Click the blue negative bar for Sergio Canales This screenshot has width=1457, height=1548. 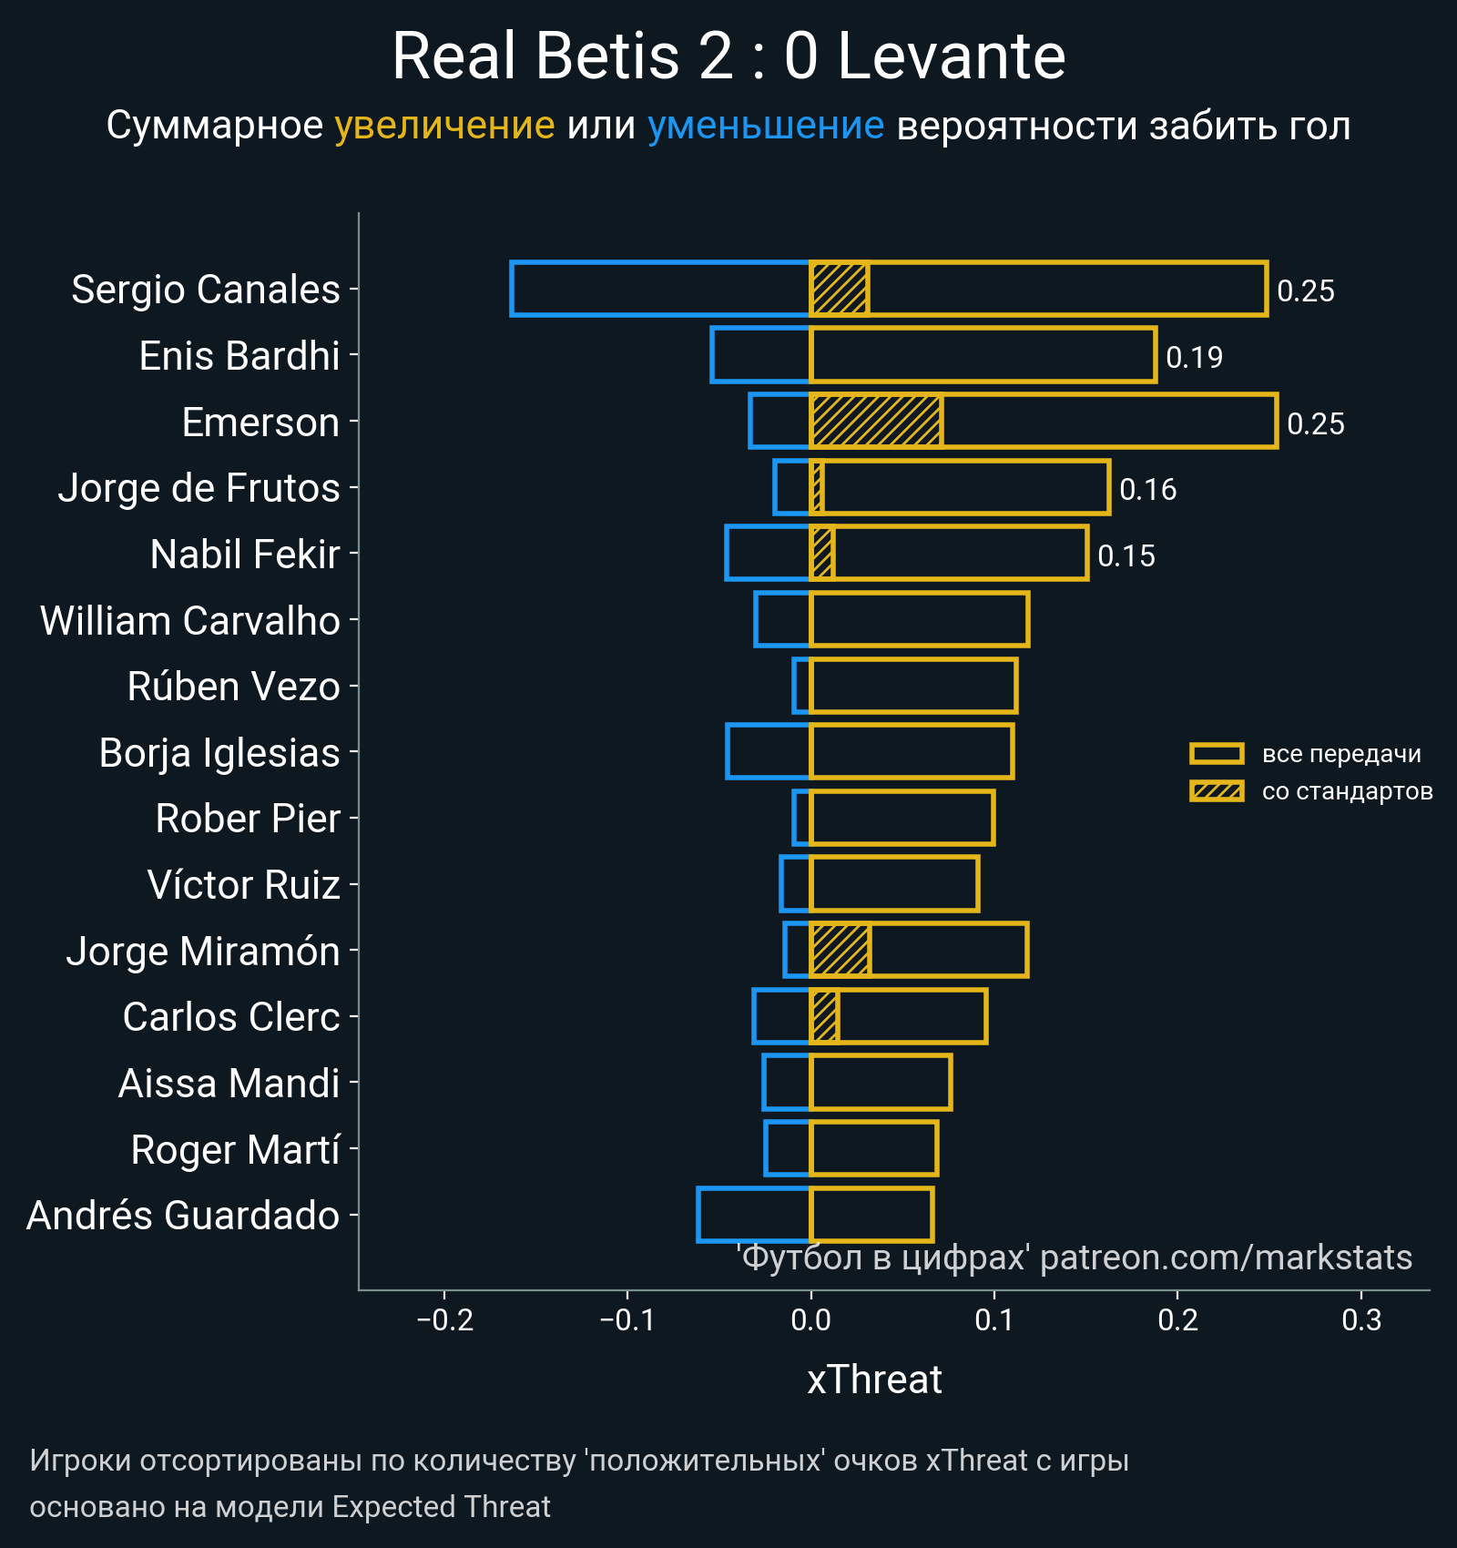(x=660, y=289)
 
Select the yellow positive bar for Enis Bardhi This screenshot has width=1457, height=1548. (x=983, y=355)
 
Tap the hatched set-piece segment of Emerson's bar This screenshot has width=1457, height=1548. (x=876, y=421)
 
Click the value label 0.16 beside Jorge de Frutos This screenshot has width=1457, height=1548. (x=1147, y=490)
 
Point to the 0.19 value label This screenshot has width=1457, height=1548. (x=1194, y=357)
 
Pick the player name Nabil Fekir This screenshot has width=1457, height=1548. (x=245, y=555)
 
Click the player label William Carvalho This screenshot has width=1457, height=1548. (x=190, y=621)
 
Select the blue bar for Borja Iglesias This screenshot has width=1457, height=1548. (x=768, y=752)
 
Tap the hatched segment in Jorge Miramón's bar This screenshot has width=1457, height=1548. (x=840, y=950)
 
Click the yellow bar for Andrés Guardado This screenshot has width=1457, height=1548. (x=871, y=1215)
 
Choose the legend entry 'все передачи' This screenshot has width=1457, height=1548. (x=1340, y=754)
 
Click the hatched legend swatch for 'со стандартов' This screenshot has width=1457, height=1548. (x=1217, y=790)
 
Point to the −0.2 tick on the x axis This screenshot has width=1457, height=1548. (x=444, y=1319)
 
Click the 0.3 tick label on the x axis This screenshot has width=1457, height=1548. (x=1361, y=1319)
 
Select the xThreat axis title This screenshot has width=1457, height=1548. (x=874, y=1380)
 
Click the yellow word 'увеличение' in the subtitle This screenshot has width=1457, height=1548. (x=444, y=126)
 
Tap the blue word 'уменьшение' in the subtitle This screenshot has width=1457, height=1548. (x=765, y=126)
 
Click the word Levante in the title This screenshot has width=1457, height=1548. (x=951, y=56)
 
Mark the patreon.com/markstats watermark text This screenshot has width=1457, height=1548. (x=1226, y=1258)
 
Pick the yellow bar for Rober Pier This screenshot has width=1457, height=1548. (x=902, y=818)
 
